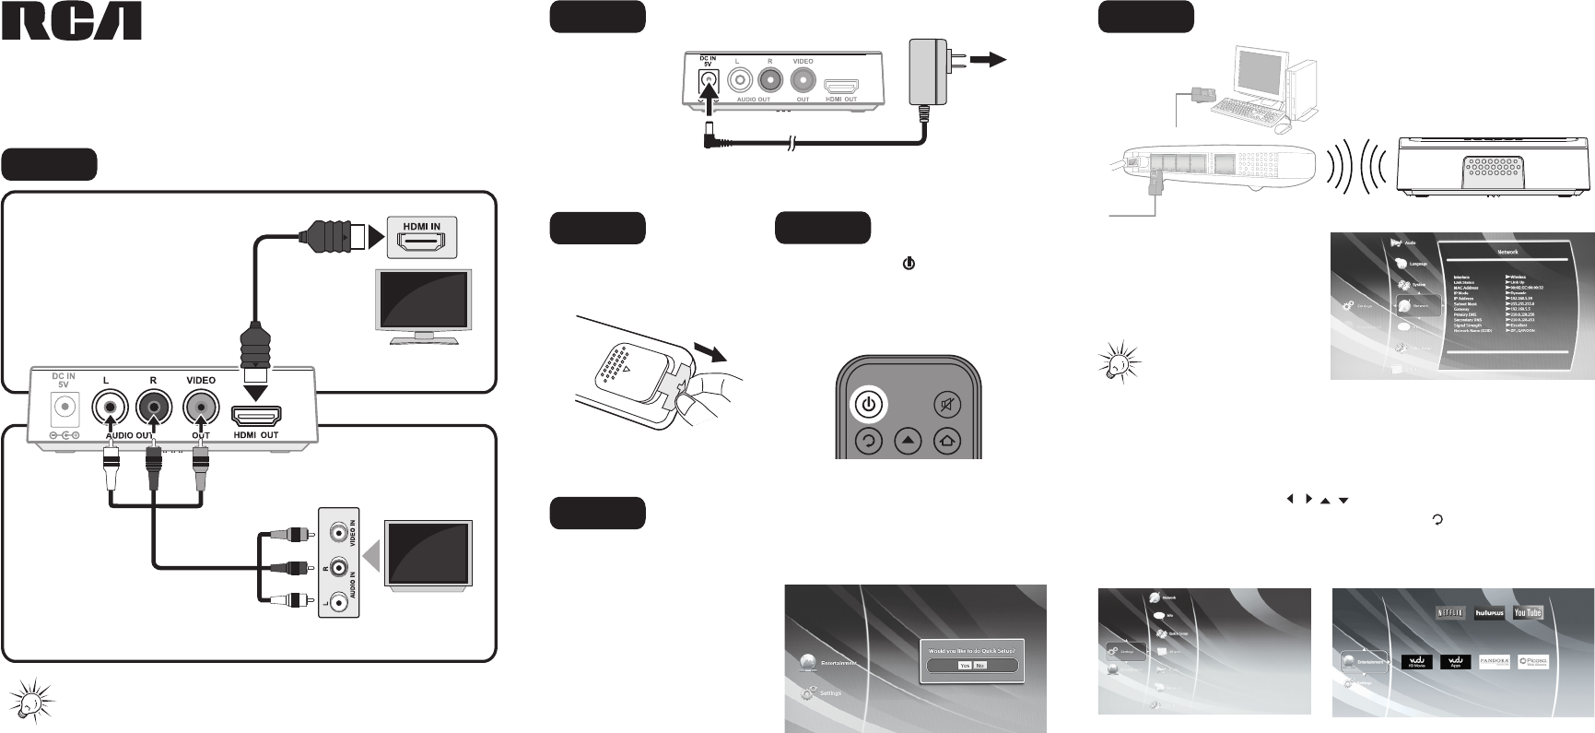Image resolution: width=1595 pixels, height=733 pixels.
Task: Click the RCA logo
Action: (x=72, y=22)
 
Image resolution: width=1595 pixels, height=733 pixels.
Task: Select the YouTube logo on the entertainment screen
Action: (x=1527, y=612)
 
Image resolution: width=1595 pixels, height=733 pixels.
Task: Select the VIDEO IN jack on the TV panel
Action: (x=340, y=532)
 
